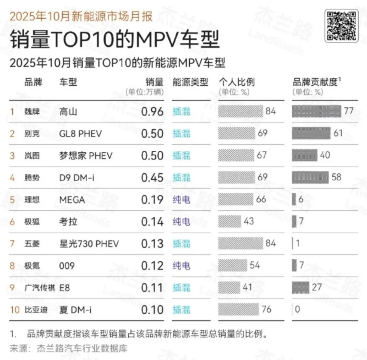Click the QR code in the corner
pyautogui.click(x=342, y=25)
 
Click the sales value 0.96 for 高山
pyautogui.click(x=152, y=112)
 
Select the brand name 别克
pyautogui.click(x=32, y=134)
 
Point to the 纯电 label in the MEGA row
pyautogui.click(x=181, y=200)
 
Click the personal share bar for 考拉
pyautogui.click(x=230, y=222)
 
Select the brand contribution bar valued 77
pyautogui.click(x=316, y=112)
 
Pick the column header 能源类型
pyautogui.click(x=190, y=82)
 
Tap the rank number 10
pyautogui.click(x=15, y=310)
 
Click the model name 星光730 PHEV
pyautogui.click(x=89, y=244)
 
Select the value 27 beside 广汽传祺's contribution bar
pyautogui.click(x=317, y=287)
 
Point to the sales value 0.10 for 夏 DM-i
pyautogui.click(x=152, y=310)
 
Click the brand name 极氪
pyautogui.click(x=32, y=266)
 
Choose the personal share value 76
pyautogui.click(x=266, y=309)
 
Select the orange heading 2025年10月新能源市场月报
pyautogui.click(x=81, y=16)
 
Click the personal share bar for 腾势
pyautogui.click(x=236, y=178)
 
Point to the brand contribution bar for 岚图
pyautogui.click(x=304, y=156)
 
